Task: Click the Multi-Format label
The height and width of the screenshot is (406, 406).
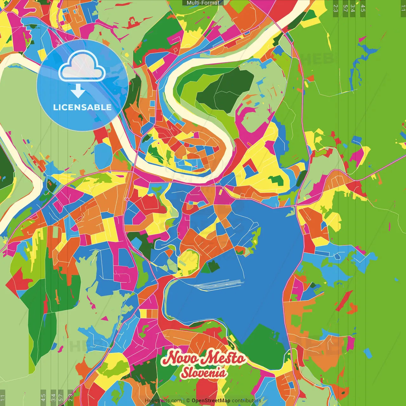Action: coord(203,3)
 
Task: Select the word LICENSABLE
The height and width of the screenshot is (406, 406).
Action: coord(82,107)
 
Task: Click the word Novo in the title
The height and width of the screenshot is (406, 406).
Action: coord(180,358)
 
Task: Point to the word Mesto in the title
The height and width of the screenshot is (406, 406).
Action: coord(224,358)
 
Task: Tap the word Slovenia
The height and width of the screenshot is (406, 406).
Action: coord(203,373)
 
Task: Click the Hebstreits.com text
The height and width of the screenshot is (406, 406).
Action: coord(163,401)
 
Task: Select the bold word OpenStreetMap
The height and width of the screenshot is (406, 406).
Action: coord(211,401)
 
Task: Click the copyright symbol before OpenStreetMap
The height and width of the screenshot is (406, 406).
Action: coord(188,401)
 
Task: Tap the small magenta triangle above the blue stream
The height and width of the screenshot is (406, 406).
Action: coord(362,39)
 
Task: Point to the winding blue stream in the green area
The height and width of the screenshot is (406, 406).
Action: coord(355,70)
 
